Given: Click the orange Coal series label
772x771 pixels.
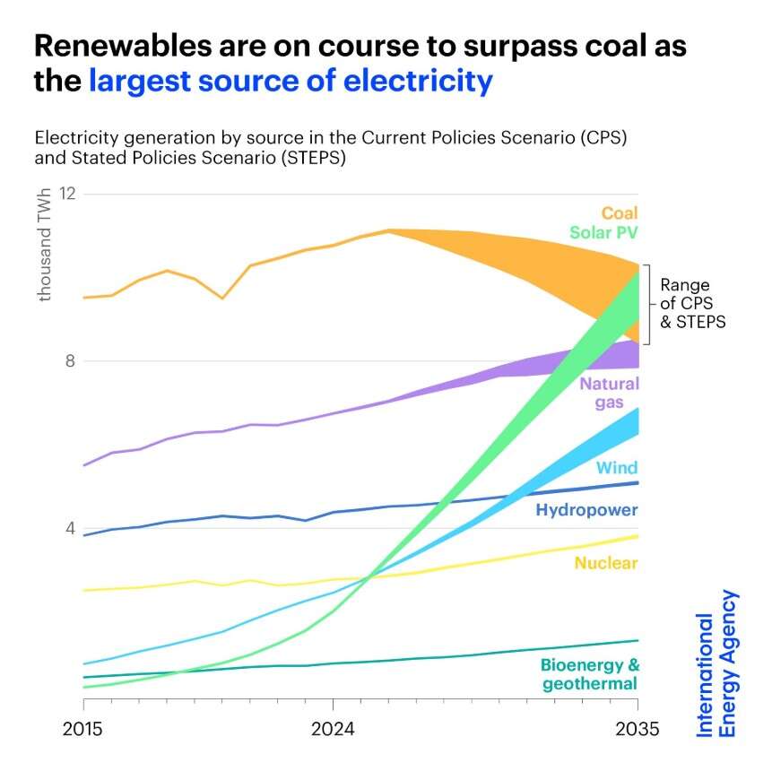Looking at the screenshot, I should pos(620,213).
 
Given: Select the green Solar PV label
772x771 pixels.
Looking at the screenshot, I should pos(603,233).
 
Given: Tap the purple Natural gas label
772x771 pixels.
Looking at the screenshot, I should pos(609,393).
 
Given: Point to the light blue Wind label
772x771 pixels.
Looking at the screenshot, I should pos(617,468).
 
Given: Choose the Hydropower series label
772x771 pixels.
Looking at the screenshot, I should pos(586,510).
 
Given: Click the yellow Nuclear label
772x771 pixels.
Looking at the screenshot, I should pos(606,563).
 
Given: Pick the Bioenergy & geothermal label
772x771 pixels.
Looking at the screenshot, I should pos(589,675).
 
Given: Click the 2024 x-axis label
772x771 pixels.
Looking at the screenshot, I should pos(333,729).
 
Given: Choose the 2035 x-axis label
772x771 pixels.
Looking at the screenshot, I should pos(637,729).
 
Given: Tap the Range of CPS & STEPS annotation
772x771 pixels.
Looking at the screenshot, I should pos(692,304).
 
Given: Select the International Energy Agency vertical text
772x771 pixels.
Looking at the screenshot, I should pos(717,663).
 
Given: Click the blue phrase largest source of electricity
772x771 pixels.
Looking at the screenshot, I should pos(291,82).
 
